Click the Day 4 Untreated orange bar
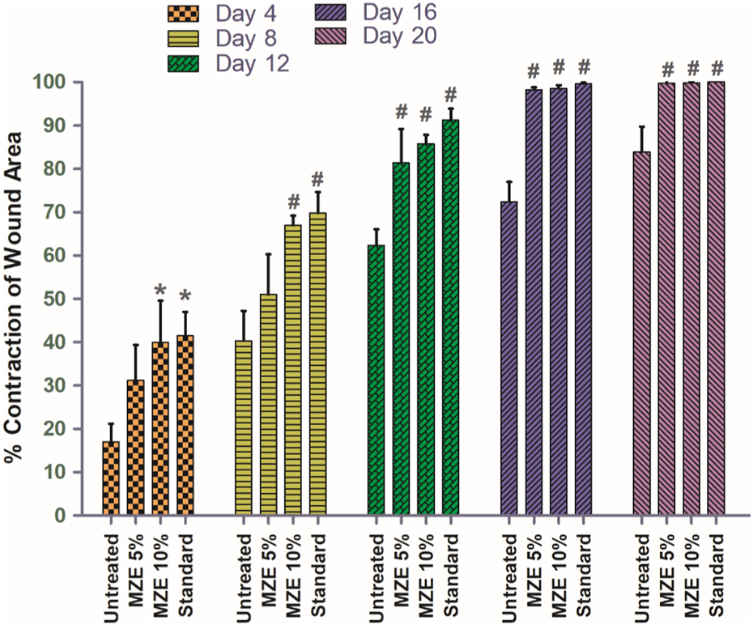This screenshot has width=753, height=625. [111, 478]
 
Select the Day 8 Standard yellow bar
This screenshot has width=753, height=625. [317, 364]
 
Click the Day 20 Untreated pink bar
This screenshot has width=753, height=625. [641, 333]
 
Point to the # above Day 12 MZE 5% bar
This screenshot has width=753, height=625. [401, 113]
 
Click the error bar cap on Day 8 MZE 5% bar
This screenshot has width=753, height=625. [268, 254]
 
